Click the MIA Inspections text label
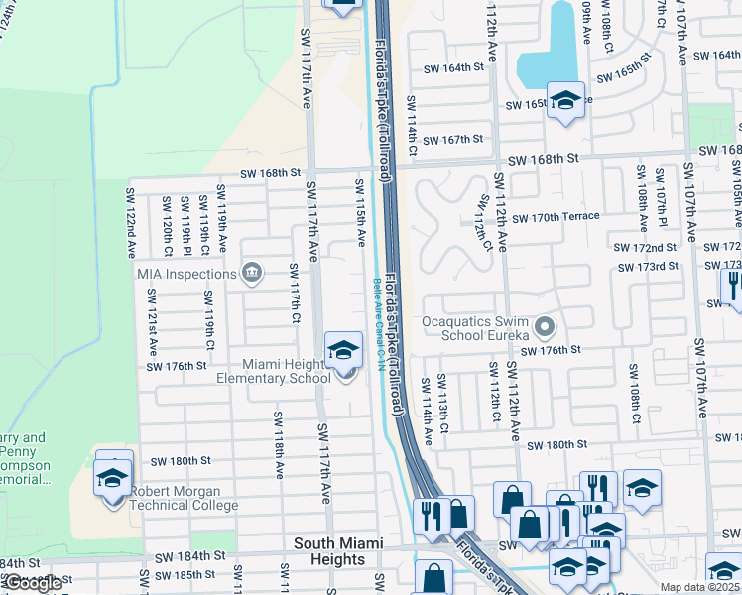pyautogui.click(x=186, y=274)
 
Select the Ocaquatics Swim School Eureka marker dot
pyautogui.click(x=544, y=326)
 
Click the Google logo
pyautogui.click(x=32, y=583)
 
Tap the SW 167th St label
pyautogui.click(x=451, y=139)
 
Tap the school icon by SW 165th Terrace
pyautogui.click(x=565, y=101)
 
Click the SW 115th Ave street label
pyautogui.click(x=361, y=213)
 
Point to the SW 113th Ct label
pyautogui.click(x=442, y=402)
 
